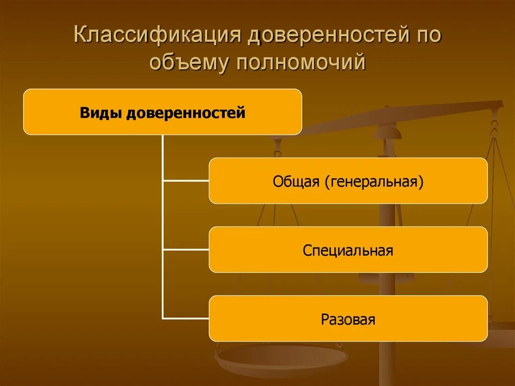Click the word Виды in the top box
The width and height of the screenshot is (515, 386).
pyautogui.click(x=101, y=113)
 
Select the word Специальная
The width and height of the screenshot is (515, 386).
pyautogui.click(x=348, y=250)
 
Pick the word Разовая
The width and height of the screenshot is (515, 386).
pyautogui.click(x=348, y=319)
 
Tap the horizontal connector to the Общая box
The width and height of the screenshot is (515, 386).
pyautogui.click(x=186, y=180)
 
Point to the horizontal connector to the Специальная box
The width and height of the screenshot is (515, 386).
pyautogui.click(x=186, y=249)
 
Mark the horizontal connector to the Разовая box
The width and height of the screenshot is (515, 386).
pyautogui.click(x=186, y=318)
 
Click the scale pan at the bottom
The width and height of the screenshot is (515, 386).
pyautogui.click(x=281, y=358)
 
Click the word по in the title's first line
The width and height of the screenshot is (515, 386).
pyautogui.click(x=428, y=38)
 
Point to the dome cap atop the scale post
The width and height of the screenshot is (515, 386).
pyautogui.click(x=387, y=132)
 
